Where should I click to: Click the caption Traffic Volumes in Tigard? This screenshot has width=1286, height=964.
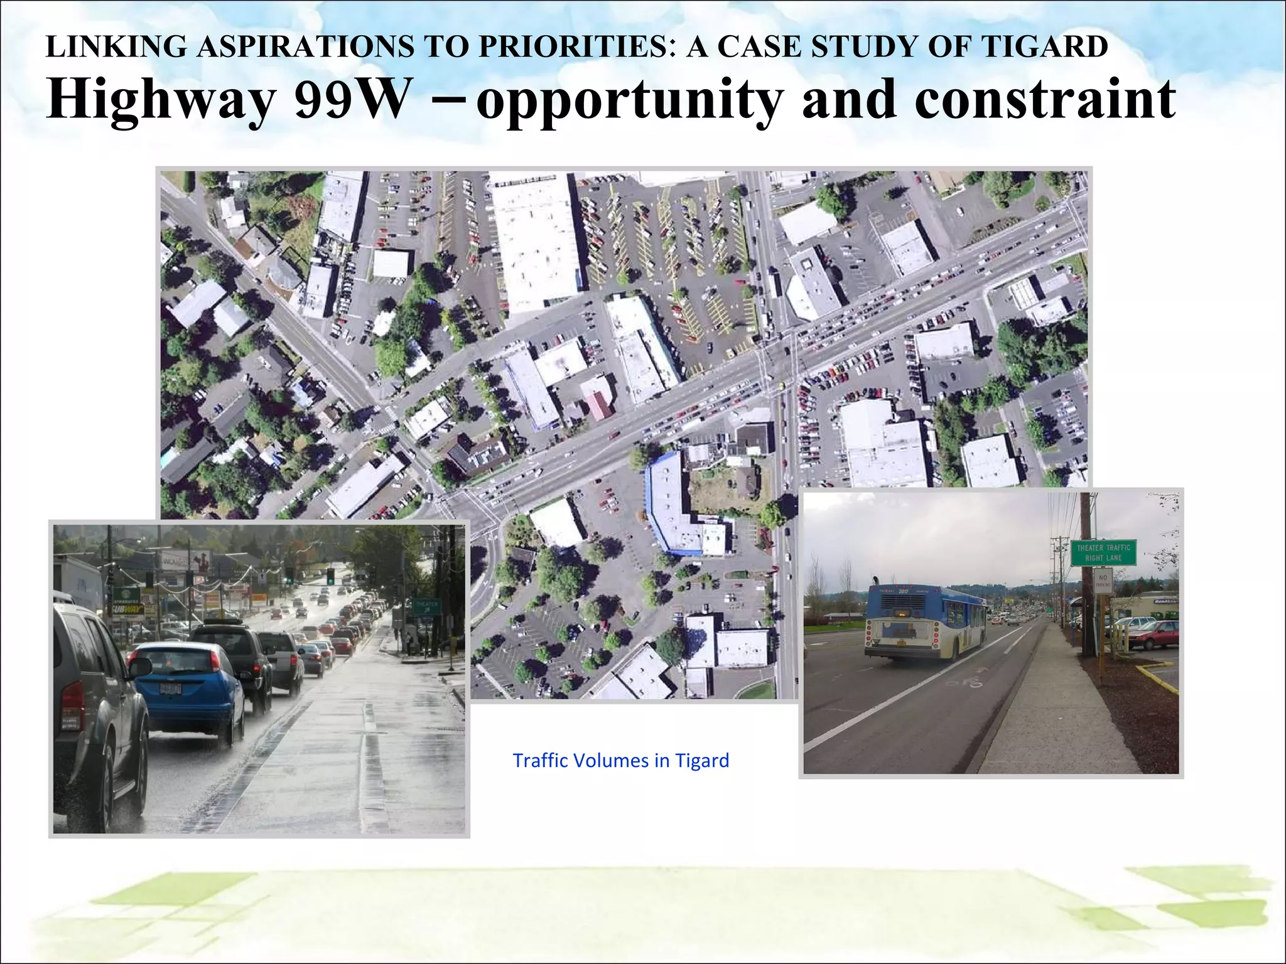pos(620,761)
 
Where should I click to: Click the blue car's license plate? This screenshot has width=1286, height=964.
pos(171,688)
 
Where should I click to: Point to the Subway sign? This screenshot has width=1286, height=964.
pos(127,609)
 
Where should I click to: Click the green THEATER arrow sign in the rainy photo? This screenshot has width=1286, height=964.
pos(426,606)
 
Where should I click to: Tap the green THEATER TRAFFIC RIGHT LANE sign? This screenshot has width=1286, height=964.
pos(1103,552)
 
